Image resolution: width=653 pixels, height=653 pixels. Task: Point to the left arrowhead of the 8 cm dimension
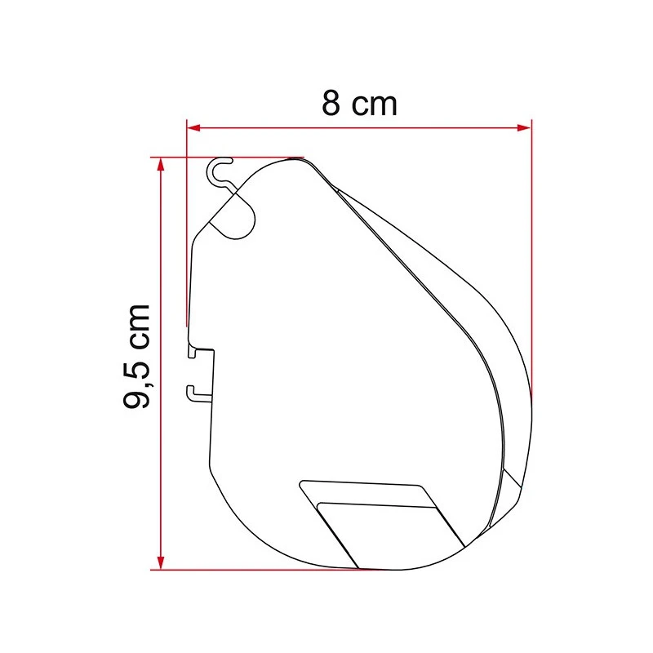(x=193, y=127)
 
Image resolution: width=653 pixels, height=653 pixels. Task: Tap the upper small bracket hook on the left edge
(x=196, y=353)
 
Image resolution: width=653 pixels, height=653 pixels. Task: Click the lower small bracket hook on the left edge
(x=194, y=393)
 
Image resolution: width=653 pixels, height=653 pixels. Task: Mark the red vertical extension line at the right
(x=531, y=245)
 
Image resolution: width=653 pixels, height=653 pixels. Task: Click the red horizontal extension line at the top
(x=229, y=157)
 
